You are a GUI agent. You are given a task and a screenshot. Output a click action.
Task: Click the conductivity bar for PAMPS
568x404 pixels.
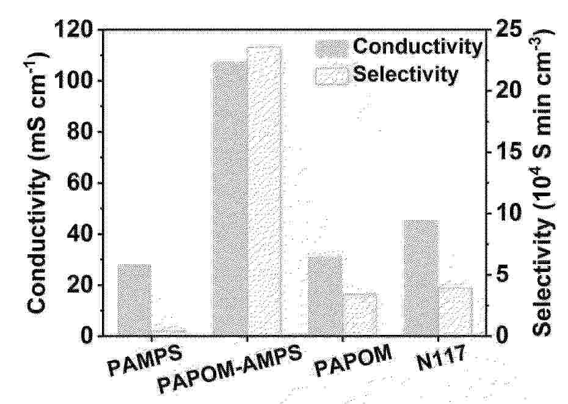134,299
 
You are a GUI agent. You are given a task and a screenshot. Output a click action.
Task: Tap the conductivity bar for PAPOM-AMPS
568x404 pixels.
229,198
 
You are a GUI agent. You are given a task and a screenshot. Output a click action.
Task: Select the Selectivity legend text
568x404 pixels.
406,75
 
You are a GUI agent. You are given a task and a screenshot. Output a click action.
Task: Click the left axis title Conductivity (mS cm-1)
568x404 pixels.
38,182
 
